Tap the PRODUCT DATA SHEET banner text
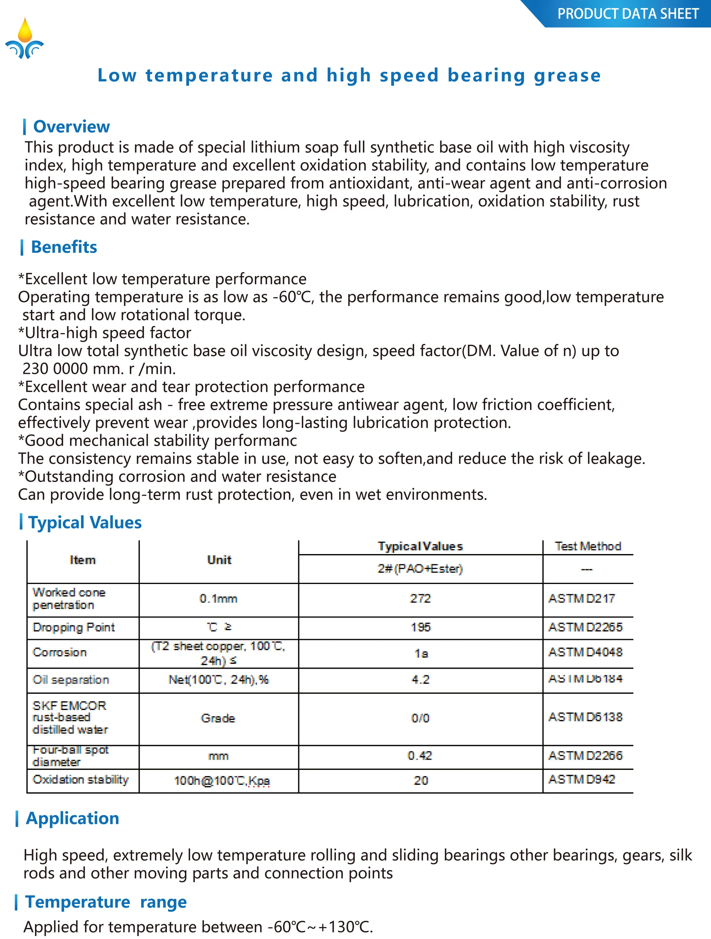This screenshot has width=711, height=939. tap(628, 14)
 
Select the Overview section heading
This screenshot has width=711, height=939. tap(71, 127)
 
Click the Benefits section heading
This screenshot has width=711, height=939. tap(64, 247)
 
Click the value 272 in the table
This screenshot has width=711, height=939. tap(420, 599)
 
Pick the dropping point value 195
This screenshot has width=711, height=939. tap(420, 627)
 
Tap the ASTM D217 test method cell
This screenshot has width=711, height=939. tap(581, 599)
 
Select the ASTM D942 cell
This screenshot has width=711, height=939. tap(581, 779)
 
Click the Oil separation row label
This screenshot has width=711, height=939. tap(70, 679)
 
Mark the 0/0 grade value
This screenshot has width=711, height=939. tap(420, 718)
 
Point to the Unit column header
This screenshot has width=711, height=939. tap(219, 560)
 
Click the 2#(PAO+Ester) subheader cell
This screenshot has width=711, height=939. tap(420, 568)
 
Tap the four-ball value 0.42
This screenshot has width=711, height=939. tap(420, 756)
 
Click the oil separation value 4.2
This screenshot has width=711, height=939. tap(420, 679)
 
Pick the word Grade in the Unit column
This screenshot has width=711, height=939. tap(218, 718)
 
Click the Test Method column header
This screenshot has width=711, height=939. tap(587, 546)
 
